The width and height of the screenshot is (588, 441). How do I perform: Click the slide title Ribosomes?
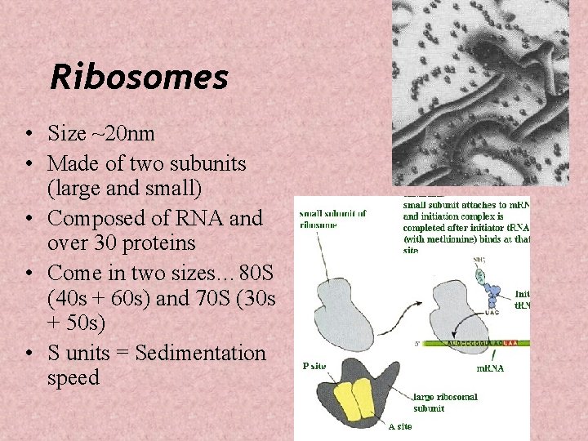click(139, 78)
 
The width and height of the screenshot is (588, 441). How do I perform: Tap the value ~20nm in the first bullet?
click(125, 133)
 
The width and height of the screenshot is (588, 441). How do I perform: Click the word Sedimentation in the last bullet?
click(201, 354)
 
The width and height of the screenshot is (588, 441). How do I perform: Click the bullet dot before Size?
click(29, 134)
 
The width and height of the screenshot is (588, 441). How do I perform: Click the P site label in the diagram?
click(314, 366)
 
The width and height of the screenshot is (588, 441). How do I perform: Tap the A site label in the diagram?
click(399, 425)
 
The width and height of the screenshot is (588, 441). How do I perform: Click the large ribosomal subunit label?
click(445, 402)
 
